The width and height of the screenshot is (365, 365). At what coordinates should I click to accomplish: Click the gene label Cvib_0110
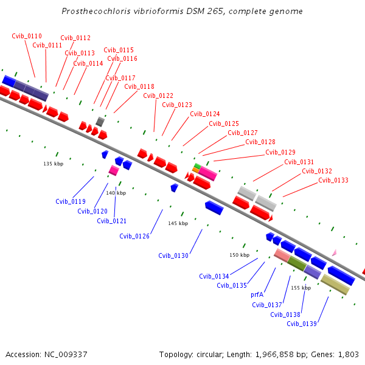pyautogui.click(x=27, y=36)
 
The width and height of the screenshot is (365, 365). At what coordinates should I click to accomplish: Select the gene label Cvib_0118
pyautogui.click(x=139, y=86)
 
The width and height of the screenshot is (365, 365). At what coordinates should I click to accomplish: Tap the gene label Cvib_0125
pyautogui.click(x=224, y=123)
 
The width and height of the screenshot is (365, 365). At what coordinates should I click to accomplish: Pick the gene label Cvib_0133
pyautogui.click(x=333, y=180)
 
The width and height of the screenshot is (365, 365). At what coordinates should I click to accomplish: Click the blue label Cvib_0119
pyautogui.click(x=71, y=201)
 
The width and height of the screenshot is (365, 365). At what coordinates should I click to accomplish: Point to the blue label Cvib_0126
pyautogui.click(x=134, y=236)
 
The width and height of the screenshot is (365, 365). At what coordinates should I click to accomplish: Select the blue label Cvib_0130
pyautogui.click(x=173, y=255)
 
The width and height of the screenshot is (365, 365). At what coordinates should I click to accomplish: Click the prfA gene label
pyautogui.click(x=257, y=294)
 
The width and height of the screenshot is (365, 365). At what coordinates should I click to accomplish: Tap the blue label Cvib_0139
pyautogui.click(x=302, y=324)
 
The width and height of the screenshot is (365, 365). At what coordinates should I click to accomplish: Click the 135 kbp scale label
pyautogui.click(x=54, y=164)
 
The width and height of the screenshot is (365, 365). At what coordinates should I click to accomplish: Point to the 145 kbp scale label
pyautogui.click(x=178, y=223)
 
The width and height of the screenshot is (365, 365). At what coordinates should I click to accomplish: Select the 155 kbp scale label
pyautogui.click(x=301, y=288)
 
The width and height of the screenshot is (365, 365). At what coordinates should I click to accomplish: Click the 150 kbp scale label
pyautogui.click(x=239, y=255)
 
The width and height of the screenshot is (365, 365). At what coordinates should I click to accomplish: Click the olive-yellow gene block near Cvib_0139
pyautogui.click(x=335, y=284)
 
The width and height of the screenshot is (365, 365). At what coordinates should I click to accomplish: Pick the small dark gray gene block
pyautogui.click(x=100, y=122)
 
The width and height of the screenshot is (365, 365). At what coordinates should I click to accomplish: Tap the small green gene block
pyautogui.click(x=197, y=165)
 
